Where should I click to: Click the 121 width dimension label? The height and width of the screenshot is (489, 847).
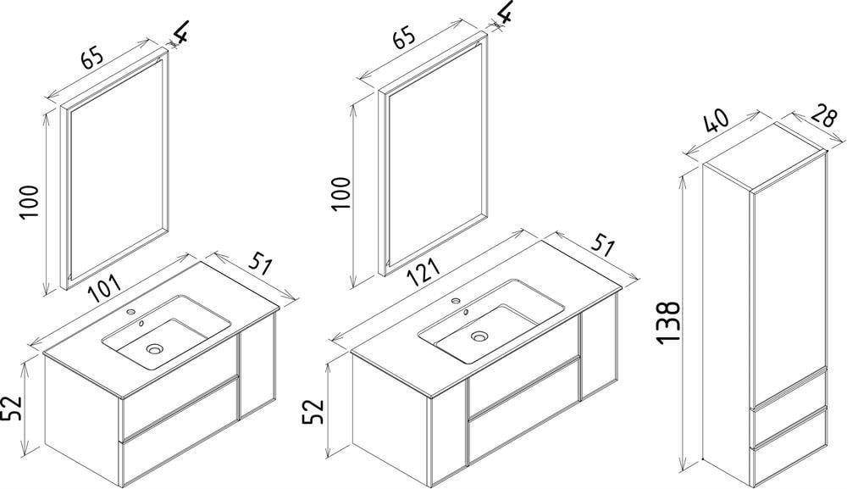coord(423,270)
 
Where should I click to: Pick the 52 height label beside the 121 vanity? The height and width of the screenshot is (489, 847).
coord(313,412)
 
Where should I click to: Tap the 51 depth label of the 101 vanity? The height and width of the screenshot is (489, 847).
coord(261,264)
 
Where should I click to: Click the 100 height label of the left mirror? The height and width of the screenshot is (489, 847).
coord(29,202)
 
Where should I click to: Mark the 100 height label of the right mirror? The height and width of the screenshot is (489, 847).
coord(341,193)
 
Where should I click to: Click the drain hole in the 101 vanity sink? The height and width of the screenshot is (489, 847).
coord(154,349)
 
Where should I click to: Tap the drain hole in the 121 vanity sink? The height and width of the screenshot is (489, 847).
coord(478,336)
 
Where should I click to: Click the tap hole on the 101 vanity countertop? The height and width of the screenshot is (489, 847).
coord(130,312)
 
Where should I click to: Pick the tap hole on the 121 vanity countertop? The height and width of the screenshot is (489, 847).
coord(456,300)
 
